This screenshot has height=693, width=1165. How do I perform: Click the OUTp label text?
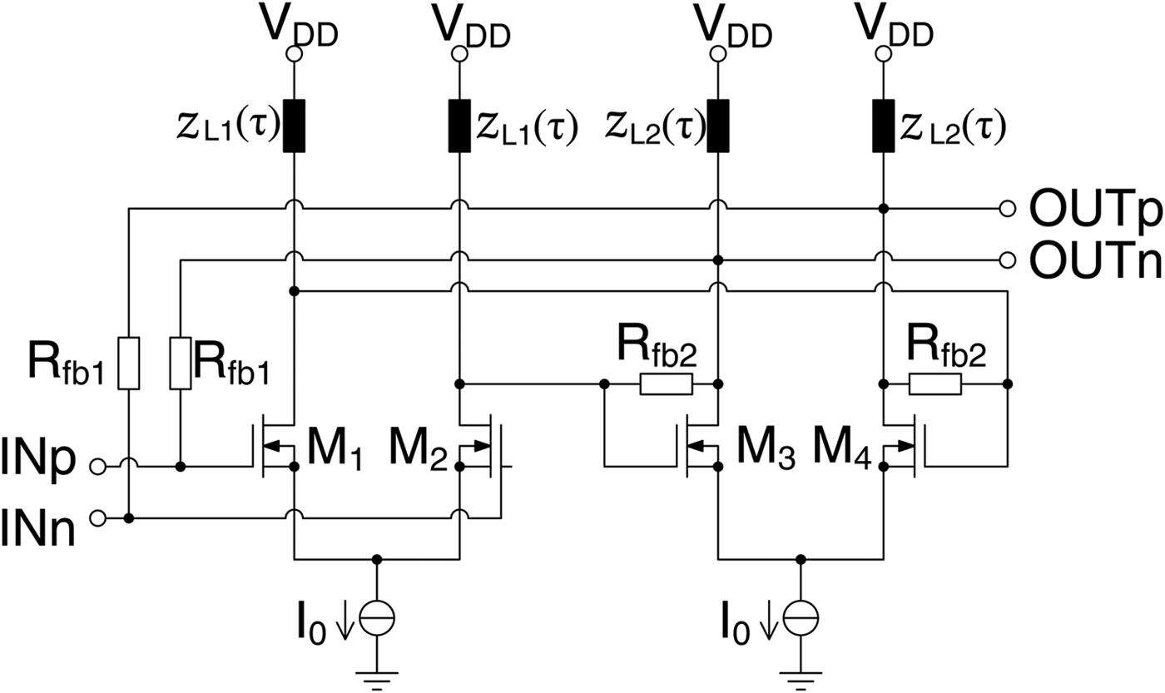point(1095,210)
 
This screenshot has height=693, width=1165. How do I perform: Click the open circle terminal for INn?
point(98,519)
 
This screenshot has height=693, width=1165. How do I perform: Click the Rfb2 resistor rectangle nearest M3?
point(666,384)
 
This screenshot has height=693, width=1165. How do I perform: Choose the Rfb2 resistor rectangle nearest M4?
point(935,384)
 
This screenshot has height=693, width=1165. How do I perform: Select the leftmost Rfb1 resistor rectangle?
point(128,363)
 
